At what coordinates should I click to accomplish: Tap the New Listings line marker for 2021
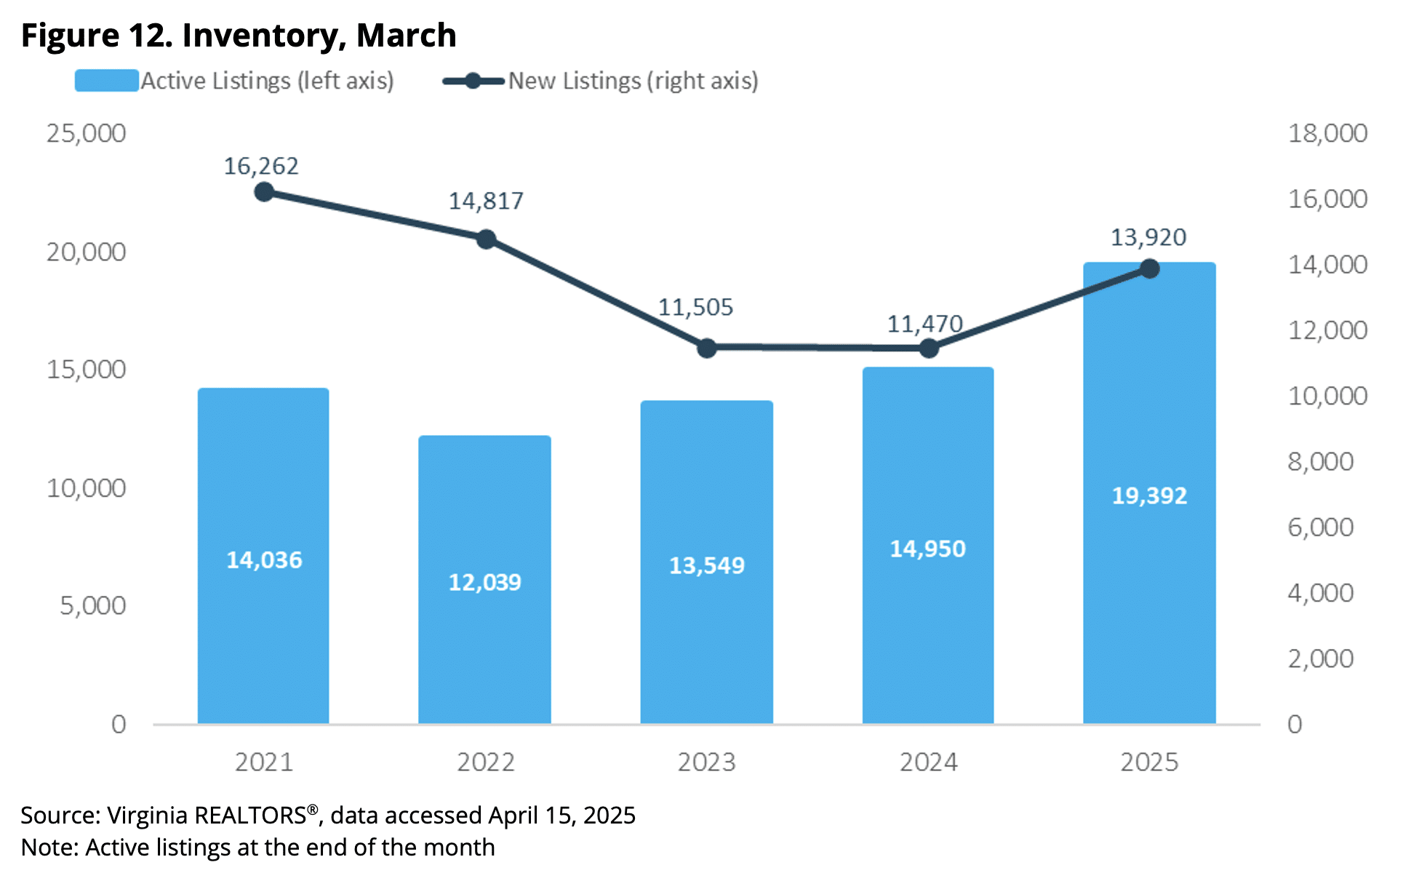click(x=264, y=192)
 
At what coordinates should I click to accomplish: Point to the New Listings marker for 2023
click(x=707, y=348)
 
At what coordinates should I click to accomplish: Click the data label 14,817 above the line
click(x=486, y=201)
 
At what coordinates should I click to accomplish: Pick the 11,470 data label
click(x=924, y=324)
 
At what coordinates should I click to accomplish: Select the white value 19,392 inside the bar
click(x=1149, y=495)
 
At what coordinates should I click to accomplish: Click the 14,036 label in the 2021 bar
click(x=264, y=559)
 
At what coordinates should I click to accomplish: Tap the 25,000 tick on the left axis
click(x=86, y=133)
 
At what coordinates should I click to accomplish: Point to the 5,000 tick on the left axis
click(x=92, y=605)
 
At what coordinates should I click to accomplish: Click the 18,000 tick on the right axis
click(x=1327, y=133)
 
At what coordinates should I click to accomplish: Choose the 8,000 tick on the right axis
click(x=1320, y=461)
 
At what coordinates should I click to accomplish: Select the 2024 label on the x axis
click(x=928, y=762)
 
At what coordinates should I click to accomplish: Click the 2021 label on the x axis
click(x=264, y=762)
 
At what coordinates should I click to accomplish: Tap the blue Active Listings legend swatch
click(x=106, y=81)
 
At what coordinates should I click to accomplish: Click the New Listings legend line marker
click(x=473, y=81)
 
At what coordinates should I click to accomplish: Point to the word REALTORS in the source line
click(x=250, y=816)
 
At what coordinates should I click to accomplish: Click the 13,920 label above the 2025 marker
click(x=1148, y=237)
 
